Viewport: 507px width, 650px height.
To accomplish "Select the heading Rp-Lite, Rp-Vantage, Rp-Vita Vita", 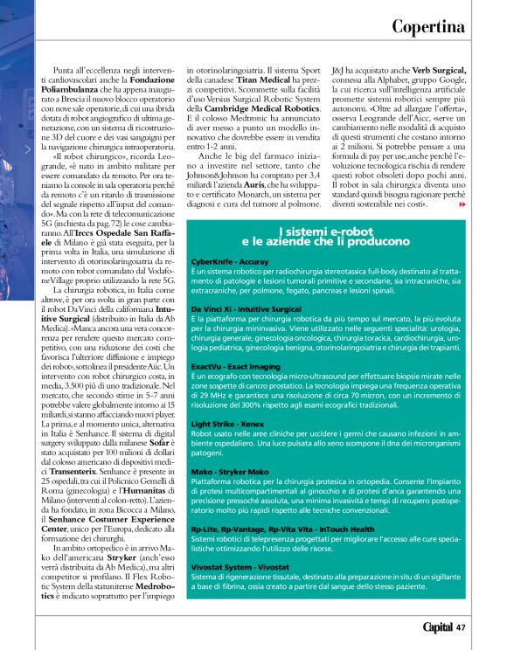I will coord(271,529).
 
